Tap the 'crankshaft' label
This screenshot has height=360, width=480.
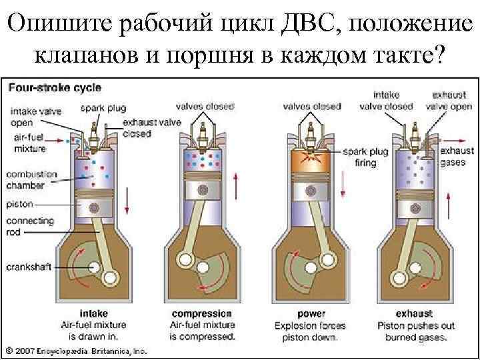coord(27,267)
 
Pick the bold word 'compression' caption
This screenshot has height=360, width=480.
coord(202,313)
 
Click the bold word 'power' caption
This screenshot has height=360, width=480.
coord(311,313)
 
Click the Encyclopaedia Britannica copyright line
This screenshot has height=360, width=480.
coord(77,349)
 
